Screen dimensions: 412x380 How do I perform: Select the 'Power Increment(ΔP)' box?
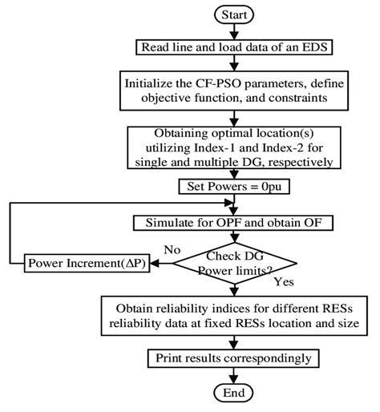point(83,261)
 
